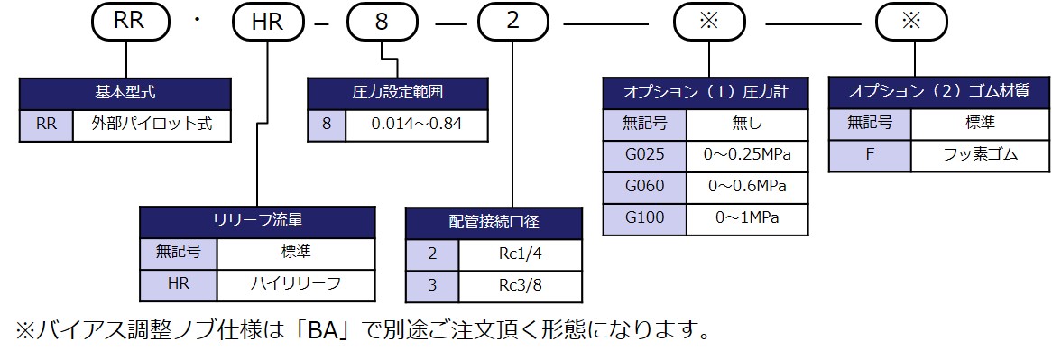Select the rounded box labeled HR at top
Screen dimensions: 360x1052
click(268, 21)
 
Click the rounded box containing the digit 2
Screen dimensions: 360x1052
click(512, 21)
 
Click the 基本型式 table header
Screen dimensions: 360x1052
click(125, 93)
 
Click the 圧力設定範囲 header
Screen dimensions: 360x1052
click(397, 93)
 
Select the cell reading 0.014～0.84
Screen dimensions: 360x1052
click(416, 125)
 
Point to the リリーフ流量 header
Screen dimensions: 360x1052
click(257, 221)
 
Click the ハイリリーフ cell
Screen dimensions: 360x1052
click(295, 284)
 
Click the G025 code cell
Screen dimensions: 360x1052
click(644, 155)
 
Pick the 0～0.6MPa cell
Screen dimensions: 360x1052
click(747, 187)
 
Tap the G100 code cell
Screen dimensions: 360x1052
click(644, 218)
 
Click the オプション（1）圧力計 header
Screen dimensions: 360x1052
click(705, 93)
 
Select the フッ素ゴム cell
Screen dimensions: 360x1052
click(980, 155)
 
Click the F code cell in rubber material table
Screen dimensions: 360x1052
click(870, 155)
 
